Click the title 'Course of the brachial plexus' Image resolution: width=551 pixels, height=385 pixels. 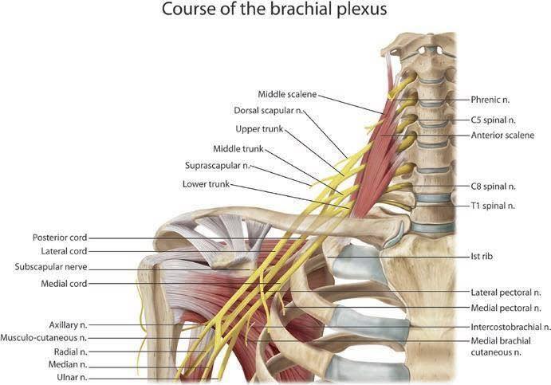coord(274,10)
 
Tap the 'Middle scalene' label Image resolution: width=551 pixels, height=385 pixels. coord(287,94)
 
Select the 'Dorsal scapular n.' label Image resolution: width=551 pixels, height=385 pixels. coord(269,110)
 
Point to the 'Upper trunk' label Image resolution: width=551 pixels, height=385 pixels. coord(259,129)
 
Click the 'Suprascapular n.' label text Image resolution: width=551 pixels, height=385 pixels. coord(217,166)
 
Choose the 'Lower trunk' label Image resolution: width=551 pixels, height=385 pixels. coord(207,184)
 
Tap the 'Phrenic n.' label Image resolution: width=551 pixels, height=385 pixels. coord(490,100)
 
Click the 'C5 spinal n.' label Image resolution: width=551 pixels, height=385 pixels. coord(494,120)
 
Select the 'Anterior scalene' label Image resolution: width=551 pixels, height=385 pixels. coord(502,136)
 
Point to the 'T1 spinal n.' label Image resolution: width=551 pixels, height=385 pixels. coord(493,206)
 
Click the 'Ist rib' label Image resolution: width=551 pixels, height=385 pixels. coord(482,257)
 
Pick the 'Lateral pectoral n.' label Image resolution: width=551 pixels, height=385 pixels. coord(506,293)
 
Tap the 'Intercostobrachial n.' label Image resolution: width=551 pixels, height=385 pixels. coord(511,327)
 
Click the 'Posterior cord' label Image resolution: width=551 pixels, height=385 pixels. coord(60,238)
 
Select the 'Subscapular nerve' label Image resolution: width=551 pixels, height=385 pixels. coord(51,267)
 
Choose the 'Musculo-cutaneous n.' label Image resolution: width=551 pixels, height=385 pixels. coord(44,338)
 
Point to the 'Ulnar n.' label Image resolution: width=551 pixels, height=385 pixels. coord(72,378)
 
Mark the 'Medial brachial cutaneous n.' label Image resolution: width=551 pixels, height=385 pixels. coord(501,347)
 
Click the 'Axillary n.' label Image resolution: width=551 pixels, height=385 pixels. coord(68,325)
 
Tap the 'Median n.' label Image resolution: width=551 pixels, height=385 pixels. coord(68,364)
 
